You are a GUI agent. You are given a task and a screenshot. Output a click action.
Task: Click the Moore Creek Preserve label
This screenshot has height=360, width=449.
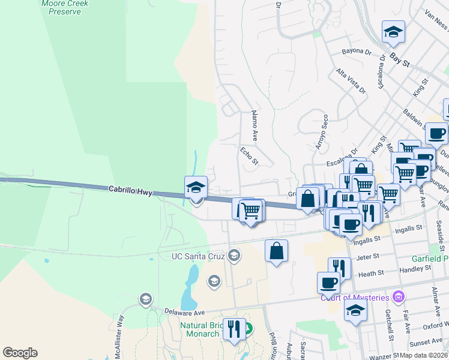pos(65,7)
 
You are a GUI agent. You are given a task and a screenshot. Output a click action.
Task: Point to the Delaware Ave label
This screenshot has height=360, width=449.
pos(185,312)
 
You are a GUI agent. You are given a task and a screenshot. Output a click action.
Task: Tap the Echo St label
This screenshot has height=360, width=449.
pos(249,156)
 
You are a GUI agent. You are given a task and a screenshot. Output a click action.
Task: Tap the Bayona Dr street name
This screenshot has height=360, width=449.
pos(357,52)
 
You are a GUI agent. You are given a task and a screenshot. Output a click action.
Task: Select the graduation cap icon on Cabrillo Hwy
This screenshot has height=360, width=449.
pos(196,187)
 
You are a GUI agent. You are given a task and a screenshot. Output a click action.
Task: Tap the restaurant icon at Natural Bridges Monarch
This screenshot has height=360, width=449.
pos(234,329)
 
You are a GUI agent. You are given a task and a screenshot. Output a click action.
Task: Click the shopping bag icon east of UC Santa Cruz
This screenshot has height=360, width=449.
pos(276,251)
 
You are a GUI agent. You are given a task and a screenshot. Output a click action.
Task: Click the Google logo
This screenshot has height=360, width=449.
pos(20,353)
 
